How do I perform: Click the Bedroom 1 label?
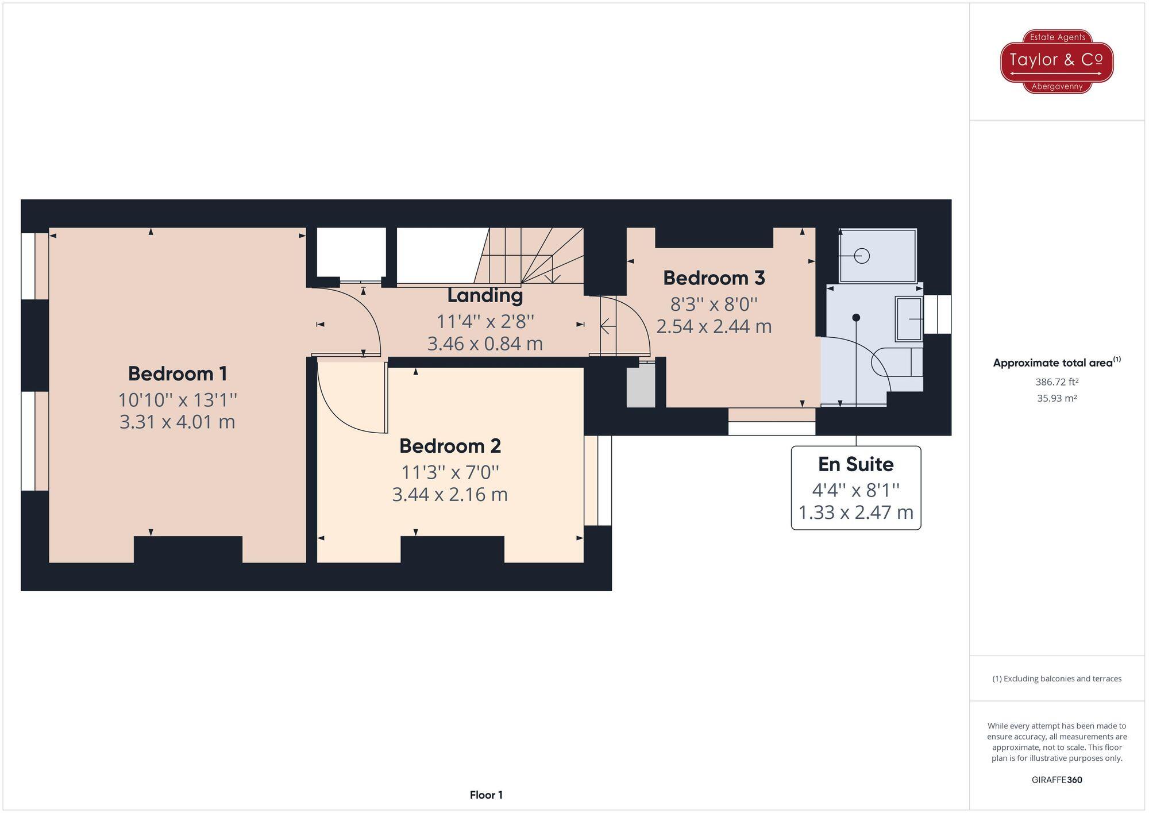(x=178, y=374)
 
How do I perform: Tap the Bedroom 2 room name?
(x=450, y=446)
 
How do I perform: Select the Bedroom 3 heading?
(x=714, y=278)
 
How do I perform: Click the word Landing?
(x=485, y=295)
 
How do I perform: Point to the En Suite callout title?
(x=855, y=464)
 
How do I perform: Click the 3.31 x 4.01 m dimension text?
(x=178, y=422)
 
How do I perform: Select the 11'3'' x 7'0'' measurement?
(x=450, y=472)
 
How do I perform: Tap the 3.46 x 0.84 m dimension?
(x=485, y=344)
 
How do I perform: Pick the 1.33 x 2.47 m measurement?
(x=855, y=512)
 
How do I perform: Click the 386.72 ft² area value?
(x=1057, y=382)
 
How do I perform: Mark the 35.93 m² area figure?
(x=1057, y=398)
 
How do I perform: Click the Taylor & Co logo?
(x=1057, y=61)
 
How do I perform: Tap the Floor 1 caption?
(x=486, y=795)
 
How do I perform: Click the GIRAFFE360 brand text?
(x=1057, y=780)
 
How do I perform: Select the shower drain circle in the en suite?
(x=862, y=256)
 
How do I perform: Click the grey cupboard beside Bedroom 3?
(x=641, y=387)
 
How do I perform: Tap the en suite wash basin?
(x=909, y=318)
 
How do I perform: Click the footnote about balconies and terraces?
(x=1057, y=679)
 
